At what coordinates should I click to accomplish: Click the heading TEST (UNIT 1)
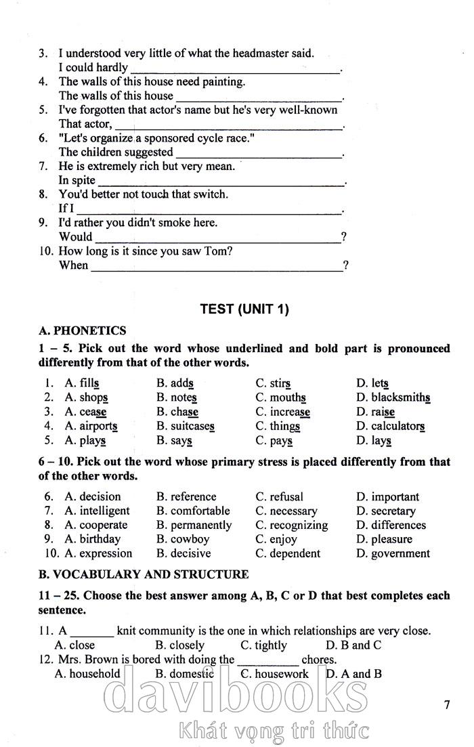[x=244, y=310]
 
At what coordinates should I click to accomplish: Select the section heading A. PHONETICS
[x=83, y=331]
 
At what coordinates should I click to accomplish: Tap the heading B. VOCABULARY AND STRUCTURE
[x=144, y=574]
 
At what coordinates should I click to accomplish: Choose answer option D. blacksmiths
[x=393, y=398]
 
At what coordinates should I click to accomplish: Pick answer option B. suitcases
[x=185, y=426]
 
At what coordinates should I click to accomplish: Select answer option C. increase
[x=282, y=412]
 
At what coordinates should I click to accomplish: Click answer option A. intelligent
[x=97, y=511]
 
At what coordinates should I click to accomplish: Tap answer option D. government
[x=393, y=553]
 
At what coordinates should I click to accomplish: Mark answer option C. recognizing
[x=291, y=525]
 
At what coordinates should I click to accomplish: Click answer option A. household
[x=87, y=674]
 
